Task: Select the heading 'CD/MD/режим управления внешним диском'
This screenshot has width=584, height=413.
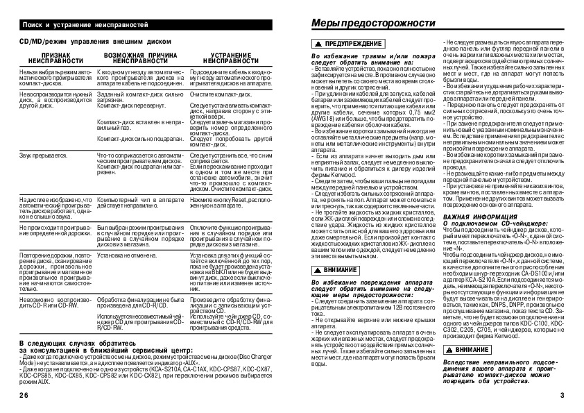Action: [91, 41]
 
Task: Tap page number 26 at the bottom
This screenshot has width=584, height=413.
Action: [25, 394]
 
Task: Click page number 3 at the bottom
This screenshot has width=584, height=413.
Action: [562, 394]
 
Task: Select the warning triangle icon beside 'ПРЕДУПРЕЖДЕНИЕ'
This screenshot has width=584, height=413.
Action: [318, 44]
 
